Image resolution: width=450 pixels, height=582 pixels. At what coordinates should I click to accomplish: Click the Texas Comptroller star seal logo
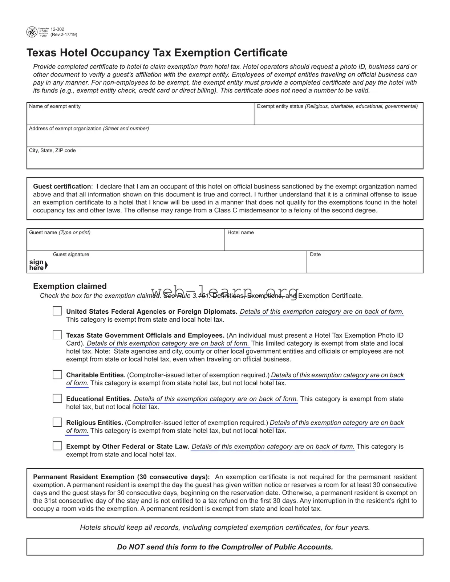32,32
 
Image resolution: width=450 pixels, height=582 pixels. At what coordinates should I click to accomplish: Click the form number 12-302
57,29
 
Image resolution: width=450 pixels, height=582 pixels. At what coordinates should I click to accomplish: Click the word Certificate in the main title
260,53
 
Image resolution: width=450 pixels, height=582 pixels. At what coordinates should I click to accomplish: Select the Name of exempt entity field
140,116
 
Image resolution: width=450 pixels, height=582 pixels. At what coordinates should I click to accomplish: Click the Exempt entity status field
338,116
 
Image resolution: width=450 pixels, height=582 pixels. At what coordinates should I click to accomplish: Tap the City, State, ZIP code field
224,160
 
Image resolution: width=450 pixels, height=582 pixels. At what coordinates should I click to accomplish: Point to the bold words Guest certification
62,186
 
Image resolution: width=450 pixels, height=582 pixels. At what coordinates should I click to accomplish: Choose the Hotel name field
323,242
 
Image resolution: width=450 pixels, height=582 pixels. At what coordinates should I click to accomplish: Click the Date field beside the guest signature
364,264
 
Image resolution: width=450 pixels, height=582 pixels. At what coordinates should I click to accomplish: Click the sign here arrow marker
46,265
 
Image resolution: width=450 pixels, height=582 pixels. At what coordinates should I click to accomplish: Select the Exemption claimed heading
70,286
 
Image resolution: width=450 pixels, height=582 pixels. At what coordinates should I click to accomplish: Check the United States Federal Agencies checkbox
57,311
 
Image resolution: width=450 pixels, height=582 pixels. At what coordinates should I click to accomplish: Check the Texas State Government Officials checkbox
57,335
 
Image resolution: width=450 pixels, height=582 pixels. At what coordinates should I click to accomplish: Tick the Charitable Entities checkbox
57,375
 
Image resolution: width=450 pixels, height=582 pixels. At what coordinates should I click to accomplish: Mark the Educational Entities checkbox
57,398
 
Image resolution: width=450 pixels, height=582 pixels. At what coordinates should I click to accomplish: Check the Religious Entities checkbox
57,422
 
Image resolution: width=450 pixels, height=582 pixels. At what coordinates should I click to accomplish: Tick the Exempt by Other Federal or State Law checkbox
57,446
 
